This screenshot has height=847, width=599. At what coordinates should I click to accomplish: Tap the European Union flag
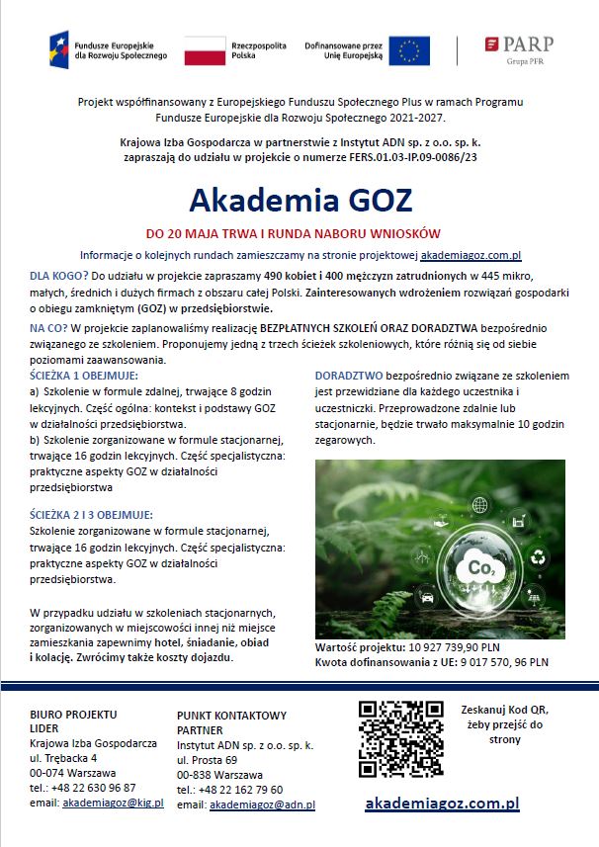[408, 49]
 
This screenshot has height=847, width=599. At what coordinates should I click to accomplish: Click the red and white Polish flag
[205, 50]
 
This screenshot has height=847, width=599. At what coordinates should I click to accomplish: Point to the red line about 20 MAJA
[292, 235]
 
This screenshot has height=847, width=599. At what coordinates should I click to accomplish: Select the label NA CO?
[48, 326]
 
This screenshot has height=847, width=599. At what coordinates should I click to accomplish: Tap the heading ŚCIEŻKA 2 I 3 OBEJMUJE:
[91, 514]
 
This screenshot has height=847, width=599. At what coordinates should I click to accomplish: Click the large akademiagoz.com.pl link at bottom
[442, 805]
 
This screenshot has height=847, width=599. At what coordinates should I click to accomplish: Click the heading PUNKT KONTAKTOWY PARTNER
[231, 721]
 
